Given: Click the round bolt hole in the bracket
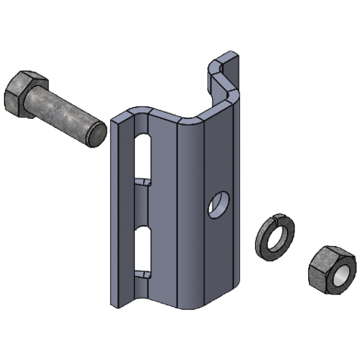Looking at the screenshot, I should click(219, 205).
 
